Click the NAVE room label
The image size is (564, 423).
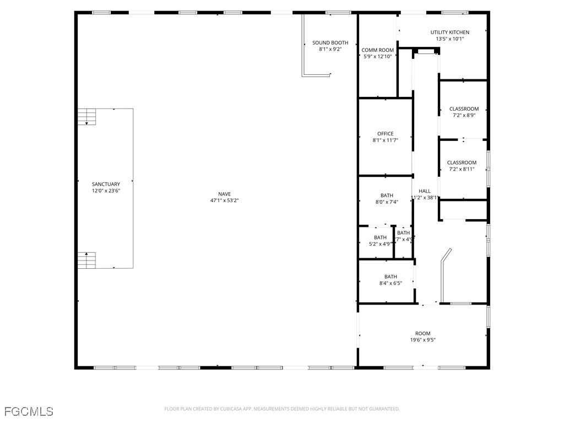[x=224, y=194]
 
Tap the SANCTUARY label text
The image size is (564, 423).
[x=106, y=184]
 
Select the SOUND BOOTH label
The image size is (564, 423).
[x=330, y=42]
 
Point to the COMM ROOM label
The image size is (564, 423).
[x=377, y=50]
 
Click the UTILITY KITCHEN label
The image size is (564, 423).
[x=450, y=32]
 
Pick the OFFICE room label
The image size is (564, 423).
[x=385, y=134]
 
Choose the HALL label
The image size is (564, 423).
[x=425, y=191]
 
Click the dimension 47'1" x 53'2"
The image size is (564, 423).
[x=224, y=200]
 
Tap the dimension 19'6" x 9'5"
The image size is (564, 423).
[x=422, y=340]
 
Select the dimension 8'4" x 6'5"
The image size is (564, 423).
[x=391, y=283]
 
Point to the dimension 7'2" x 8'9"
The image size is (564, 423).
[x=464, y=115]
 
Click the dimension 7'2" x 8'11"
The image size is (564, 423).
[x=462, y=169]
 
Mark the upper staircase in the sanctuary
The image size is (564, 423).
[x=86, y=117]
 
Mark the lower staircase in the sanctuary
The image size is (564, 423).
[x=86, y=259]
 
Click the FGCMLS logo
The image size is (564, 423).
[x=29, y=411]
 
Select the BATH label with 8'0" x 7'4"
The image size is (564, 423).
[x=387, y=196]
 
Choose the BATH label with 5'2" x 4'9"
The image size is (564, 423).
[x=380, y=237]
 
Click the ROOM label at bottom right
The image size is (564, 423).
[x=422, y=333]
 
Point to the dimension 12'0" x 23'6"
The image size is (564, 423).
[x=106, y=191]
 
